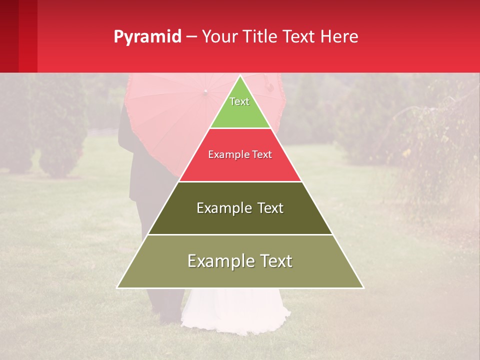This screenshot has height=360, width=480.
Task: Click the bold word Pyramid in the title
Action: pyautogui.click(x=147, y=37)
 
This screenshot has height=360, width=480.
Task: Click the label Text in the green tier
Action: pyautogui.click(x=239, y=101)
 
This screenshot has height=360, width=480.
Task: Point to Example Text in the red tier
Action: pyautogui.click(x=240, y=154)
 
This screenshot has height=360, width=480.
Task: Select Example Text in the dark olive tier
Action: pyautogui.click(x=240, y=208)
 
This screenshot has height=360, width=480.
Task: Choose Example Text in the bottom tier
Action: pyautogui.click(x=240, y=261)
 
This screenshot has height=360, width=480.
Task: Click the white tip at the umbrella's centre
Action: pyautogui.click(x=205, y=91)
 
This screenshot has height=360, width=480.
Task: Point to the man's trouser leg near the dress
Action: pyautogui.click(x=167, y=305)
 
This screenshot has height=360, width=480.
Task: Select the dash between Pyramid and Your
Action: pyautogui.click(x=191, y=37)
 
